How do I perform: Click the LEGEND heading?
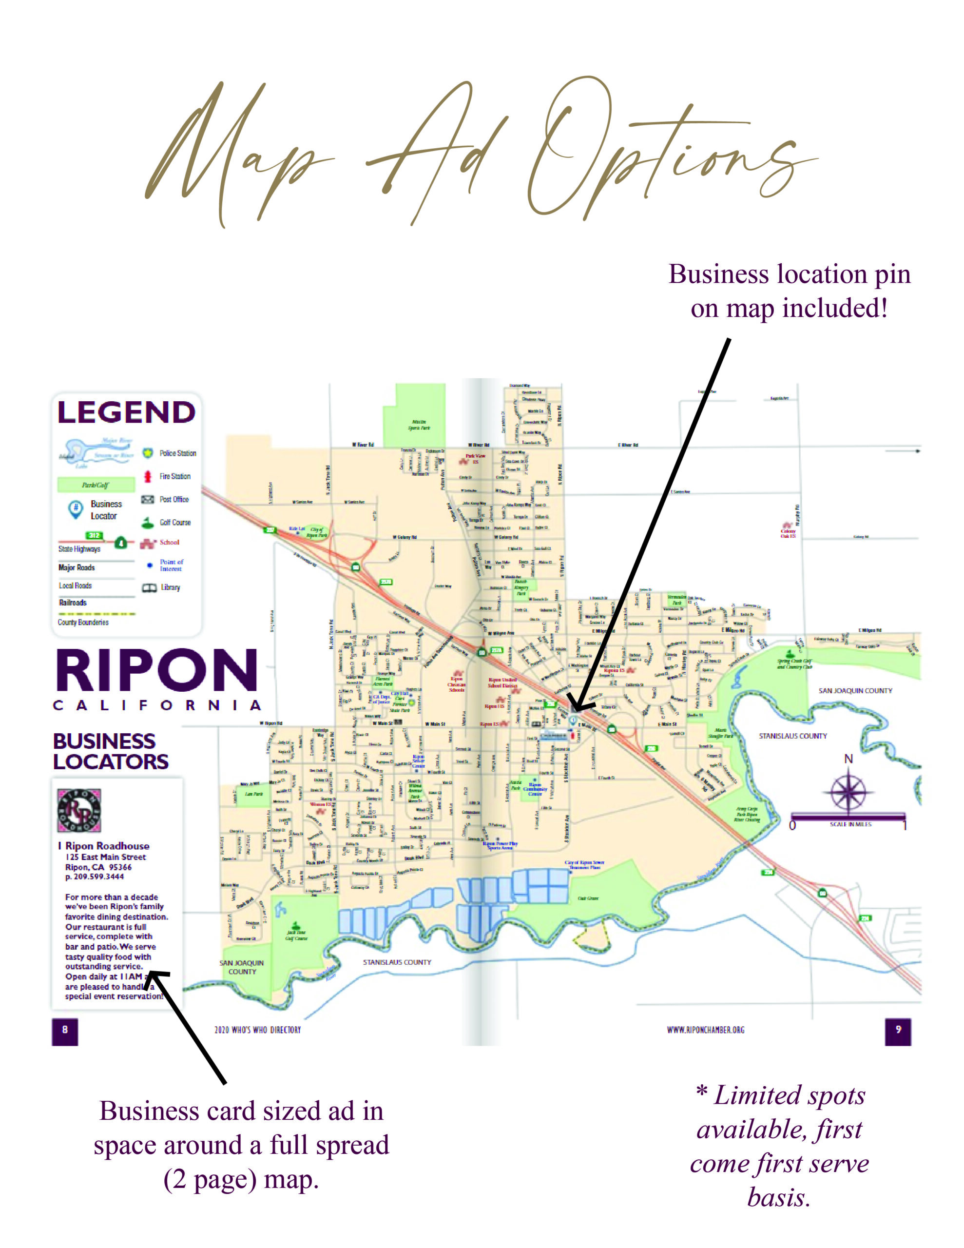click(126, 412)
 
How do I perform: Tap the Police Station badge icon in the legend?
click(148, 453)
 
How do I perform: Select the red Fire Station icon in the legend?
click(148, 476)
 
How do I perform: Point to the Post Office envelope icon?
click(148, 499)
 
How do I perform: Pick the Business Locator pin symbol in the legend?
click(75, 508)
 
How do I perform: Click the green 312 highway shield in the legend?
click(94, 535)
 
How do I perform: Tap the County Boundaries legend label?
click(83, 622)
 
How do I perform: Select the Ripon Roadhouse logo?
click(79, 810)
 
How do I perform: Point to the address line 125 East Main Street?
click(106, 857)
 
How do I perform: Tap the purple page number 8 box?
click(64, 1030)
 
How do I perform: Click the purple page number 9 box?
click(898, 1030)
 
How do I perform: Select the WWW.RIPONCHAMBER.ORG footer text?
click(706, 1030)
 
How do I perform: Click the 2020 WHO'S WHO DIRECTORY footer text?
click(258, 1030)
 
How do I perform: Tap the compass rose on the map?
click(848, 792)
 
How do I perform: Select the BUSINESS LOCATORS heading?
click(110, 751)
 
